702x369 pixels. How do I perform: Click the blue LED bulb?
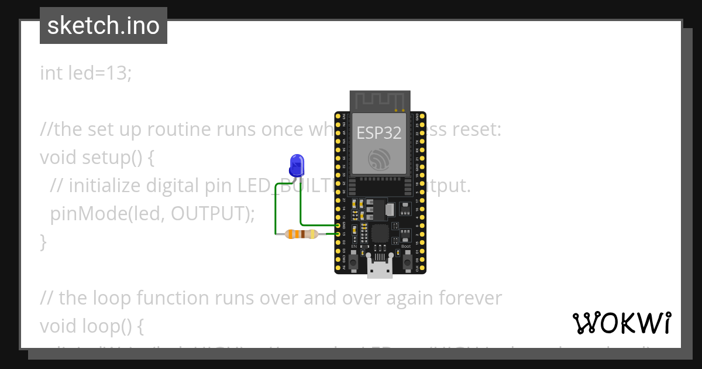(297, 164)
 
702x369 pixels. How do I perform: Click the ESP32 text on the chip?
(379, 133)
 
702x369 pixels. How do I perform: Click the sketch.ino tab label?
(104, 26)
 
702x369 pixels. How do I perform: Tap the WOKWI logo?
(621, 323)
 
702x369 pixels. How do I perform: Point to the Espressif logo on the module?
(380, 159)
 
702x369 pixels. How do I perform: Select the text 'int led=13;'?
(86, 73)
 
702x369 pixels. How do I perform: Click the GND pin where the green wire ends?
(338, 225)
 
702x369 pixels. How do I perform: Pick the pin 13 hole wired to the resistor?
(338, 234)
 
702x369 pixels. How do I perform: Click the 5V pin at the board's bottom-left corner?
(338, 268)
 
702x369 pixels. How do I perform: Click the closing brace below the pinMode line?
(43, 241)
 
